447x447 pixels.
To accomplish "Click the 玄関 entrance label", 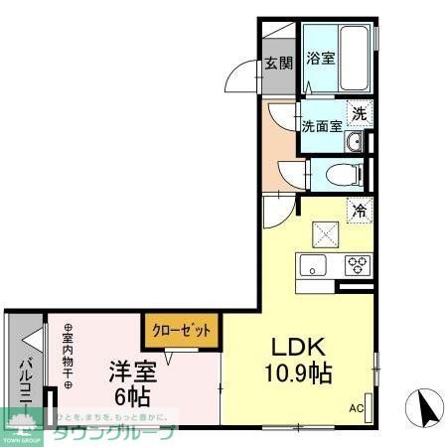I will click(278, 65).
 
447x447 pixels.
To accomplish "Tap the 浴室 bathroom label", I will click(320, 58).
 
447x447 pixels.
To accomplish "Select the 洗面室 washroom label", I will click(322, 126).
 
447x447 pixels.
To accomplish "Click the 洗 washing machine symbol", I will click(361, 113).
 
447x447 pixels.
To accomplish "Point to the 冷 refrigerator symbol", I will click(360, 210).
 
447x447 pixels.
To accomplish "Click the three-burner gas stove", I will click(357, 264).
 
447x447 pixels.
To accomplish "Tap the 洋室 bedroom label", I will click(133, 372).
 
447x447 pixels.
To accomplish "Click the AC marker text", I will click(356, 408).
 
